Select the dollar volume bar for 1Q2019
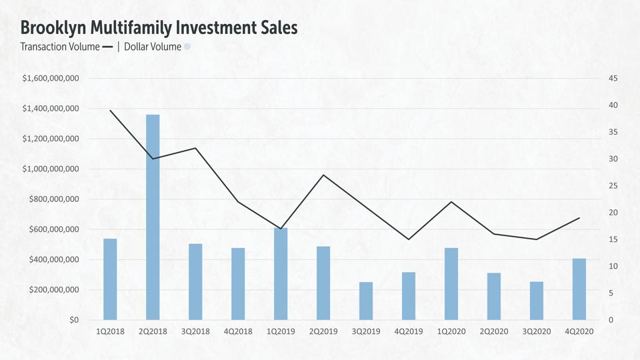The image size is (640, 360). point(281,274)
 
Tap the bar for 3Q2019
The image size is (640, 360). point(366,301)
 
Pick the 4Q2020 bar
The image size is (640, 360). point(579,289)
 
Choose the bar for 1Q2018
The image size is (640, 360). point(110,279)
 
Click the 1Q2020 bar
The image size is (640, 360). point(451,284)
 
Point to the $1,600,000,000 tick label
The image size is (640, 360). point(51,79)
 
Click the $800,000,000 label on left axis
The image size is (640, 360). point(54,199)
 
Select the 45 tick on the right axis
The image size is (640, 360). point(613,79)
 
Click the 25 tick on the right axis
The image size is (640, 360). point(613,186)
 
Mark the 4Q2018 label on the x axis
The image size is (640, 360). point(238,331)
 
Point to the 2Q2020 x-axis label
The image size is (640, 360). point(494,331)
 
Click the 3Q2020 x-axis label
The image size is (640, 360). point(537,331)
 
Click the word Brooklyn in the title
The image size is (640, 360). point(53,28)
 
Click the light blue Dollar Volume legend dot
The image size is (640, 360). point(187,47)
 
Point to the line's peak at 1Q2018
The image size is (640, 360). point(110,111)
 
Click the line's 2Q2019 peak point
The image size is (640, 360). point(323,175)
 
